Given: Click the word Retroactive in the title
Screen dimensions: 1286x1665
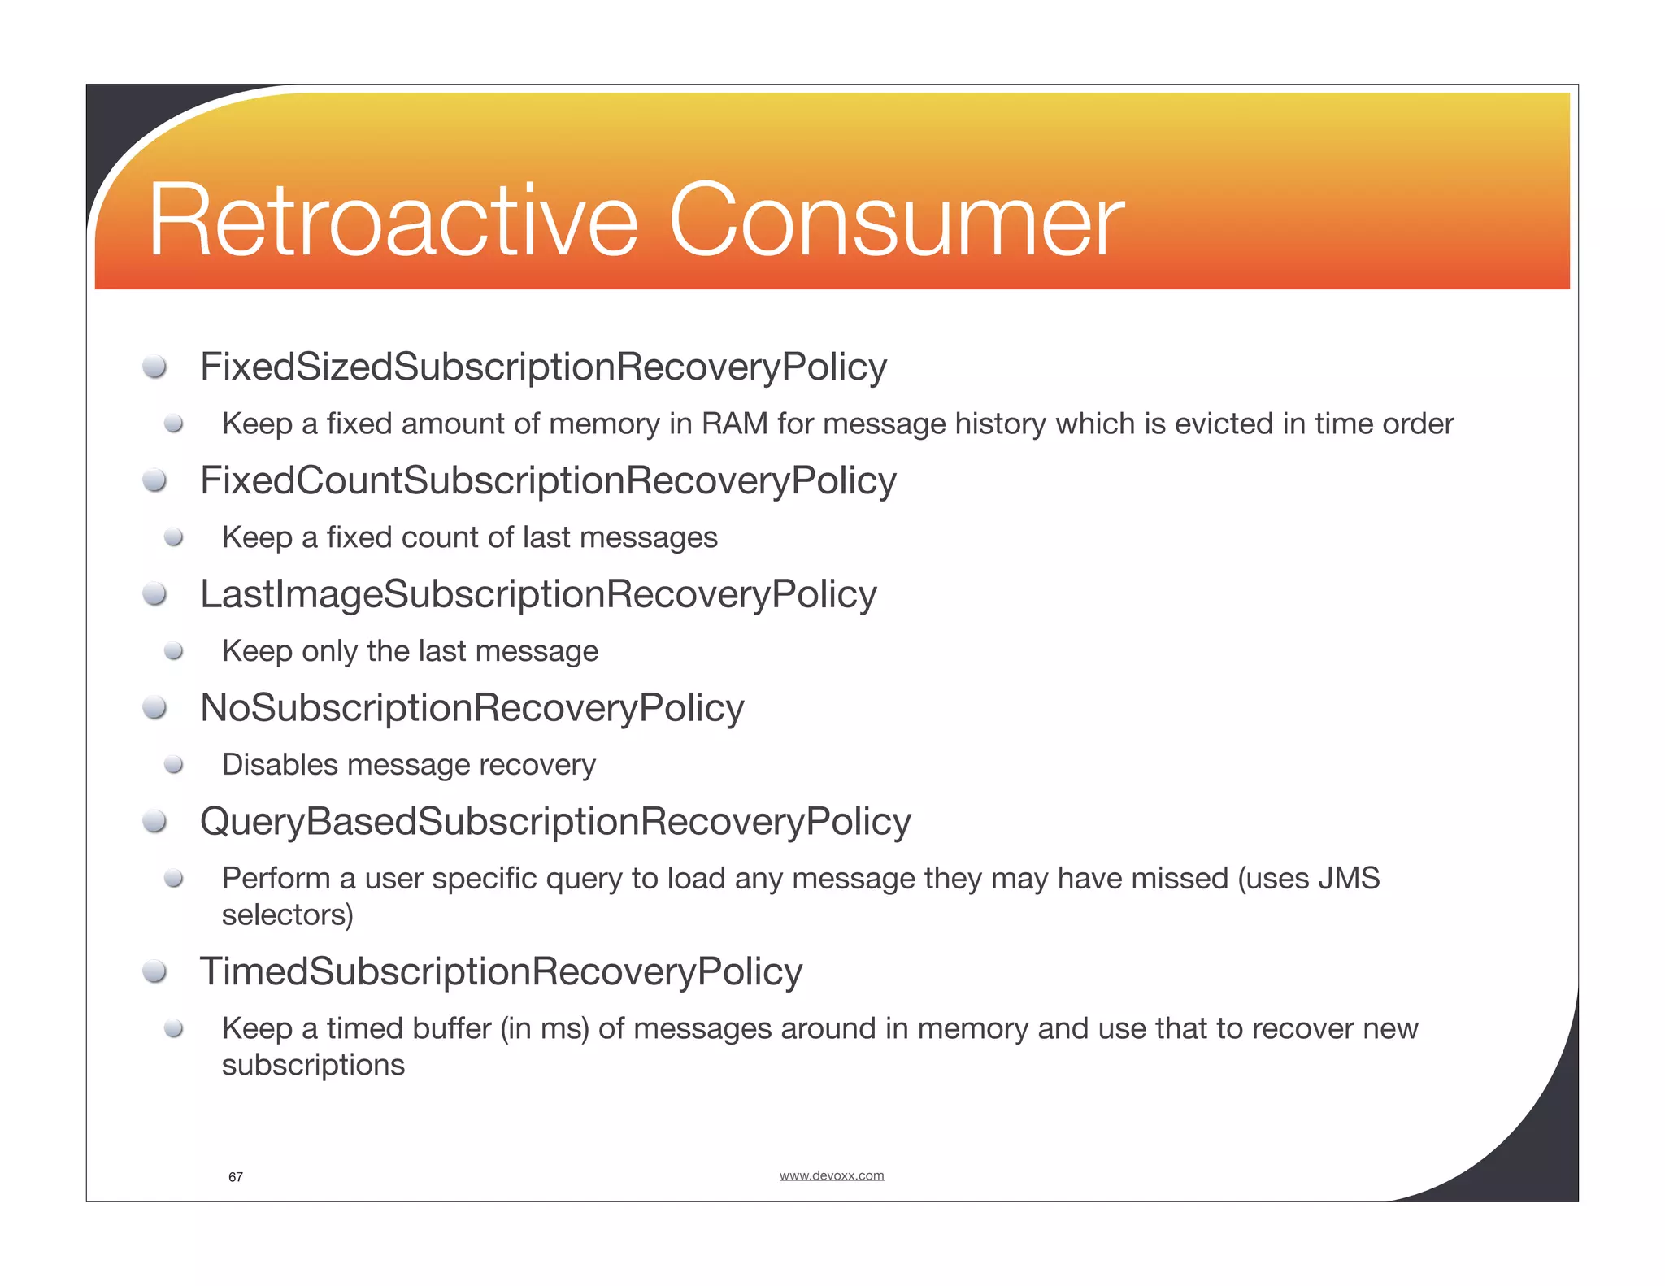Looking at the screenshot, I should pos(393,221).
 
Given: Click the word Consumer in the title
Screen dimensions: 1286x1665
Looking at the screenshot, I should pos(896,221).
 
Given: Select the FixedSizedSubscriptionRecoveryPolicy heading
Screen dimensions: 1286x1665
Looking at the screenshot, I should pos(543,367).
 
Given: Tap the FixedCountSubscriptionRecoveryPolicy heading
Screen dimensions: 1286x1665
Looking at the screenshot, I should pos(548,480).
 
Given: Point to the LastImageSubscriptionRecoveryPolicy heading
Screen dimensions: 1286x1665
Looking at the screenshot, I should pos(538,594).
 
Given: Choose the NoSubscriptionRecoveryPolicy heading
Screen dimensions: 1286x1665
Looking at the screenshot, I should pos(472,708).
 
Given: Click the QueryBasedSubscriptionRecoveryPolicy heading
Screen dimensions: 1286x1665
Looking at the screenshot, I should pos(555,822).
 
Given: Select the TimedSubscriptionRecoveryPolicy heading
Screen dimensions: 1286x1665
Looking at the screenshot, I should pos(501,972).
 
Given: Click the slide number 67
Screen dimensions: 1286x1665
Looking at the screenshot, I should pos(236,1177).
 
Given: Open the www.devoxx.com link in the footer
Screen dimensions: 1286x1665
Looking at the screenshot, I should pos(831,1175).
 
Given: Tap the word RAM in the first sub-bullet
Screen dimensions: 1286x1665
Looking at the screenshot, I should pos(734,424).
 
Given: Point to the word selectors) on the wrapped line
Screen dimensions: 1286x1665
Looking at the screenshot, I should pos(288,915).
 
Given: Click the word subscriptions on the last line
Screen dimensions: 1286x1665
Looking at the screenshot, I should pos(313,1066).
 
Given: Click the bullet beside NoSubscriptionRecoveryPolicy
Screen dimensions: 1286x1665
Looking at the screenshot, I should pos(154,708).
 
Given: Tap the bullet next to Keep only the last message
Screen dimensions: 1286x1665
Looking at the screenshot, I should pos(173,651).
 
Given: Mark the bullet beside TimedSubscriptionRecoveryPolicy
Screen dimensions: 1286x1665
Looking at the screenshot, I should pos(154,972).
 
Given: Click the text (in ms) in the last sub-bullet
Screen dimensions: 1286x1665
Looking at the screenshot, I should pos(544,1029).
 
